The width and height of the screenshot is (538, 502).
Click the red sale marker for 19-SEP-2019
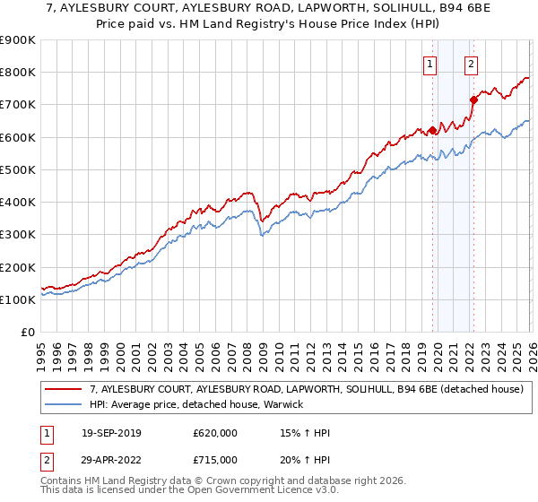point(432,131)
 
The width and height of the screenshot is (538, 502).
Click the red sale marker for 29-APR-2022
point(473,100)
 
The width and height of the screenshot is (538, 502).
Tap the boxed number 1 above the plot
point(430,64)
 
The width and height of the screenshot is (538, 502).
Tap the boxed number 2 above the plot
point(472,64)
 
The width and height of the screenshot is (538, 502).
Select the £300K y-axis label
point(18,235)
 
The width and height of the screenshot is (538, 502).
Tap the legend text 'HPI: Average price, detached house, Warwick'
point(196,404)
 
